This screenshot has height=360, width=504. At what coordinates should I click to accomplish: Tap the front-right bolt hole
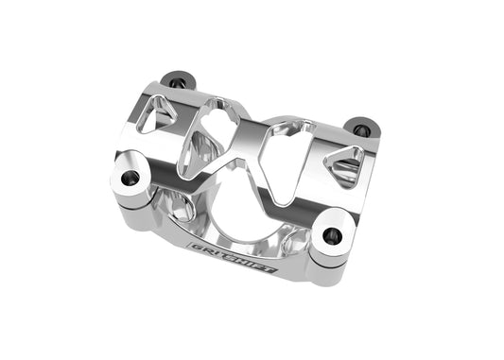[x=332, y=236]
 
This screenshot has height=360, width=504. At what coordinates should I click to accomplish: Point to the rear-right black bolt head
[x=359, y=127]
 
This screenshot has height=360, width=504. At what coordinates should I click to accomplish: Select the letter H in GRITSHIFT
[x=243, y=260]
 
